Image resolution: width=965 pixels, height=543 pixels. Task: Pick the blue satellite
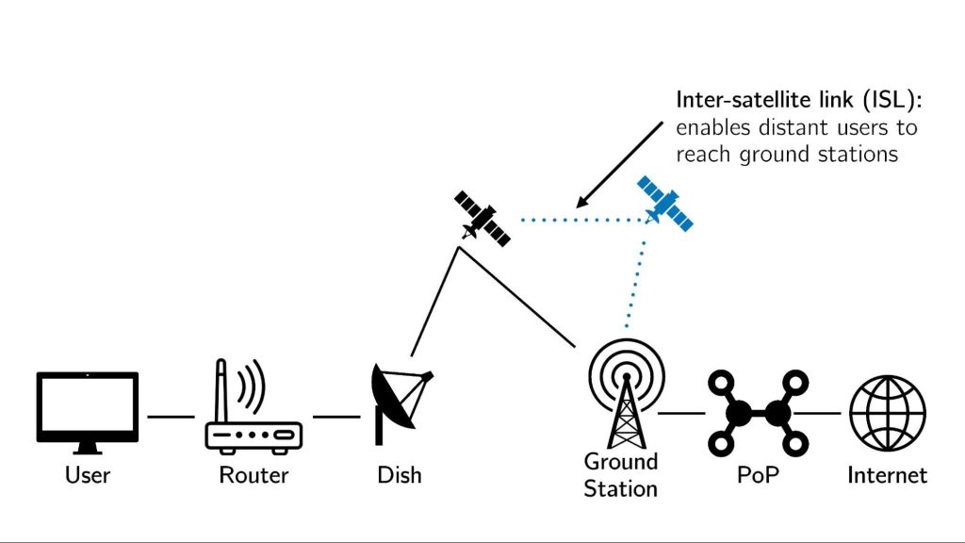(x=665, y=203)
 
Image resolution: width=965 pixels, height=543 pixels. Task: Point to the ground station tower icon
(x=623, y=396)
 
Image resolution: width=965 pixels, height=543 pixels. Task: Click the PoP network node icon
(x=758, y=413)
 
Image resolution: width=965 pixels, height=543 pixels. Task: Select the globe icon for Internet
(x=888, y=413)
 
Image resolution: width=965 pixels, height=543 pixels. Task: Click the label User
(x=87, y=474)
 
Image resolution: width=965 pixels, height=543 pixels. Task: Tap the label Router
(x=253, y=474)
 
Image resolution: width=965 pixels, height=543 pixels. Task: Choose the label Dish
(x=399, y=474)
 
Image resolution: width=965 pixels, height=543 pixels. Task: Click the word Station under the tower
(x=620, y=489)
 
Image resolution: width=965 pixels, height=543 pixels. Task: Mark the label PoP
(x=758, y=474)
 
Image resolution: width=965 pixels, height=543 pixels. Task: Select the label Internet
(x=887, y=474)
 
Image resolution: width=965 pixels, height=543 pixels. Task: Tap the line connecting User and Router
(x=171, y=416)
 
